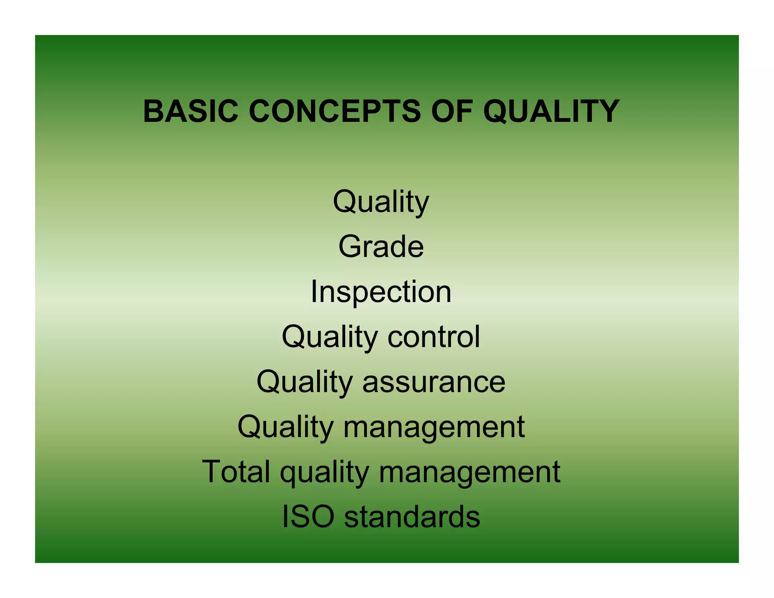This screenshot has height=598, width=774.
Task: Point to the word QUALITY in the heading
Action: coord(551,112)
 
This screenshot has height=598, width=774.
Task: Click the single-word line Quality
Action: coord(381,202)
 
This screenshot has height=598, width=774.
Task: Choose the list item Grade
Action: coord(381,246)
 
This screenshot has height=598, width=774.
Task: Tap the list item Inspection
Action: coord(381,292)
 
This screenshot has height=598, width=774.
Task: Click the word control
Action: coord(434,336)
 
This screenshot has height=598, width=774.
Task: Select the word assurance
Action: coord(434,382)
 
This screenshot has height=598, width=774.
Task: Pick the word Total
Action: coord(236,471)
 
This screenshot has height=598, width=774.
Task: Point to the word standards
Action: coord(412,517)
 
